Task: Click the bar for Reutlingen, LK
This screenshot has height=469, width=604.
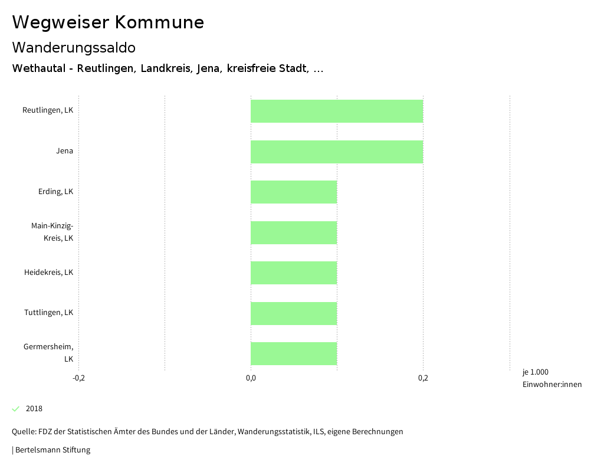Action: click(337, 111)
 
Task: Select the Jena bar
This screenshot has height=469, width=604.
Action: click(337, 152)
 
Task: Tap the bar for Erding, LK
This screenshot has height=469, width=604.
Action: click(294, 192)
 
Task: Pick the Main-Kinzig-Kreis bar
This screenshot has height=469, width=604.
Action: click(294, 232)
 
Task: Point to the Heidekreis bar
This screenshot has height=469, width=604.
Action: click(294, 273)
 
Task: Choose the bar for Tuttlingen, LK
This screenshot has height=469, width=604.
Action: click(294, 313)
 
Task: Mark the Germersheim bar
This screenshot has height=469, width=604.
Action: click(294, 353)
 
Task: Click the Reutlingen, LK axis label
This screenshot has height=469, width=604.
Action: click(48, 110)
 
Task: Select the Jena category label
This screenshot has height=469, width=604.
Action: click(65, 151)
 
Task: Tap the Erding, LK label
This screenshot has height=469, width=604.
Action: click(55, 192)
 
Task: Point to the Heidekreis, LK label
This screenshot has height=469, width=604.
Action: click(49, 273)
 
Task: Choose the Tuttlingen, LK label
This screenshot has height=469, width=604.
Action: click(49, 313)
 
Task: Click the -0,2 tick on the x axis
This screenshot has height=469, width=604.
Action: click(78, 378)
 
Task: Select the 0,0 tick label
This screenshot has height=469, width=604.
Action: click(251, 378)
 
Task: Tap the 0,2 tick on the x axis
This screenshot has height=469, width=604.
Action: click(423, 378)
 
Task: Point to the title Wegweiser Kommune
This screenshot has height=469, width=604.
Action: click(108, 22)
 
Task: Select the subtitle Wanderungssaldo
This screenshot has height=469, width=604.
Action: click(74, 47)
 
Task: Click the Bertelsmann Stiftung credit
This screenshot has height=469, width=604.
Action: click(52, 450)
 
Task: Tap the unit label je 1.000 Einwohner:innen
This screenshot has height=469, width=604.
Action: click(552, 378)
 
